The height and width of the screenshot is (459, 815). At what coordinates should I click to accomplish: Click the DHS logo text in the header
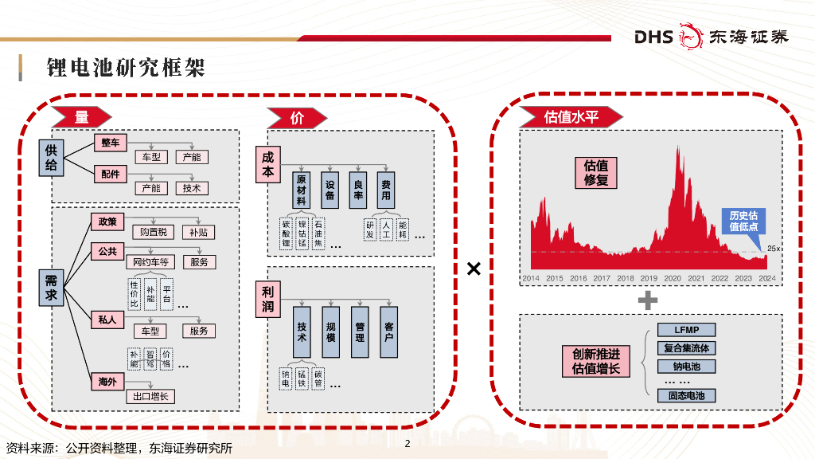[x=653, y=37]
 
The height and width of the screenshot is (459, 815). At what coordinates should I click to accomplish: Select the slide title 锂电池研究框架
[x=126, y=68]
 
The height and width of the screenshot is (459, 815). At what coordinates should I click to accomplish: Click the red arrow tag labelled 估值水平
[x=570, y=117]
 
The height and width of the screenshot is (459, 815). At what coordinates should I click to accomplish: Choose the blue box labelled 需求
[x=51, y=288]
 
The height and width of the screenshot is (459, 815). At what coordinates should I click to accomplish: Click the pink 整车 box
[x=110, y=143]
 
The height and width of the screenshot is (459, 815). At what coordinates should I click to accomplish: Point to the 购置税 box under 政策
[x=152, y=232]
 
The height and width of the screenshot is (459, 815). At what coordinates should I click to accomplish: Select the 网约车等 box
[x=152, y=261]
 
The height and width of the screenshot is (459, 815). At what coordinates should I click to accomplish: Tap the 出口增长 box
[x=150, y=396]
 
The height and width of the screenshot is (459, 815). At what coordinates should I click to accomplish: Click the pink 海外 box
[x=107, y=382]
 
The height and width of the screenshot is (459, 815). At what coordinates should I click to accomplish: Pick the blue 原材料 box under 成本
[x=302, y=190]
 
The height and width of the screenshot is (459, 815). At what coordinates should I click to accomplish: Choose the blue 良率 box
[x=358, y=190]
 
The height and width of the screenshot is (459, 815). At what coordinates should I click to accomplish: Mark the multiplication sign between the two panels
[x=474, y=269]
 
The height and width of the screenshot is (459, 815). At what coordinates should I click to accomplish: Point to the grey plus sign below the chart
[x=649, y=300]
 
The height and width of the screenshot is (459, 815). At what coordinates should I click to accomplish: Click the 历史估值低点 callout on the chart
[x=743, y=221]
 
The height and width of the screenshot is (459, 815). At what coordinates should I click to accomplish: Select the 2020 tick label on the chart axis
[x=673, y=278]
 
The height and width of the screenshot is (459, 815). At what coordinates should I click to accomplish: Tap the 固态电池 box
[x=686, y=395]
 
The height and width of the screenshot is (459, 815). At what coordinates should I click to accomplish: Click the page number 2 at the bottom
[x=407, y=444]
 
